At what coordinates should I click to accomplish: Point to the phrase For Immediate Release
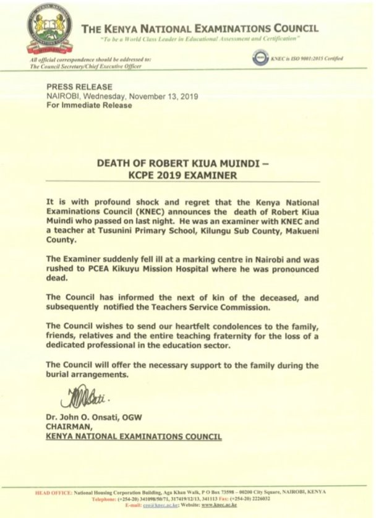[89, 105]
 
